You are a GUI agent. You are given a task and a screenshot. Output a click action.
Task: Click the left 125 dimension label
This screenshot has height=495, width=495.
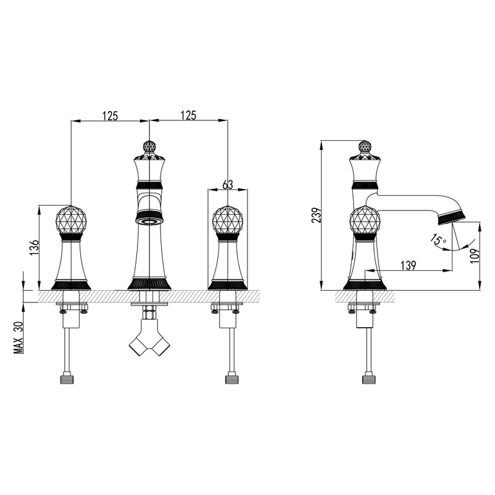tap(110, 116)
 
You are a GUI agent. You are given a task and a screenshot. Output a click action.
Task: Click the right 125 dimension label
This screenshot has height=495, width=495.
tap(188, 115)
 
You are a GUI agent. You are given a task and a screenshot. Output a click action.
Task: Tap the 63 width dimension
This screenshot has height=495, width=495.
tap(227, 185)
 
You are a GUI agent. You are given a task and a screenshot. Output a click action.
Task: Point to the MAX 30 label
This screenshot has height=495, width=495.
tap(19, 338)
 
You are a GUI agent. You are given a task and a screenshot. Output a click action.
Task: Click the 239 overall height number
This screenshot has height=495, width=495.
tap(317, 215)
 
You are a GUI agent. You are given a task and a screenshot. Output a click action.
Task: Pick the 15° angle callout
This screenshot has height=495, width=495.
tap(438, 239)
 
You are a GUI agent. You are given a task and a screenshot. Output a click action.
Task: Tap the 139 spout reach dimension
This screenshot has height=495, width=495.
tap(409, 265)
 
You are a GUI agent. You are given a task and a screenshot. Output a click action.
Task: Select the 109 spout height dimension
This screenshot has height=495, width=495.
tap(475, 256)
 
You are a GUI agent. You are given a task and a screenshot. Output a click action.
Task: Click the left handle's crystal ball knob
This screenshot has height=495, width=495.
tap(72, 220)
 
